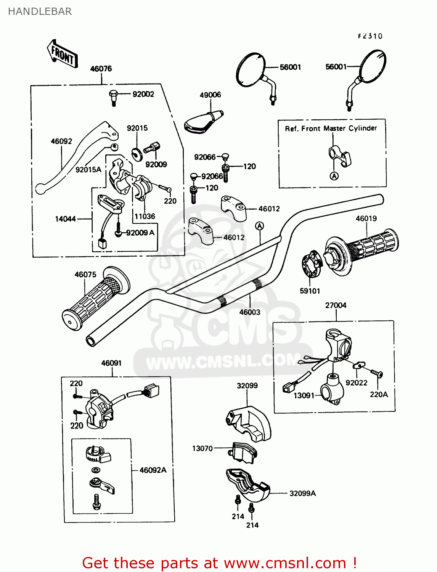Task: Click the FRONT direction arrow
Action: point(63,55)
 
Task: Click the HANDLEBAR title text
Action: point(40,11)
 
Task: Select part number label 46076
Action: point(101,69)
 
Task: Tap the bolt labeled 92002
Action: point(113,97)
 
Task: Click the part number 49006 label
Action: point(210,95)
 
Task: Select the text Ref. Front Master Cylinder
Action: point(331,129)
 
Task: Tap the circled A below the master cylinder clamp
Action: point(334,176)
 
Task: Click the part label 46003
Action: point(250,312)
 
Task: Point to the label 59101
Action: point(310,291)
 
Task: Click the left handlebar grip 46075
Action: point(95,299)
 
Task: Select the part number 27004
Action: point(336,305)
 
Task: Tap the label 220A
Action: point(379,394)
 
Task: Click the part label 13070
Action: point(202,448)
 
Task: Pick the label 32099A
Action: point(302,493)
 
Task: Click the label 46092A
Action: point(153,470)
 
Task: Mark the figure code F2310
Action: point(370,36)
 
